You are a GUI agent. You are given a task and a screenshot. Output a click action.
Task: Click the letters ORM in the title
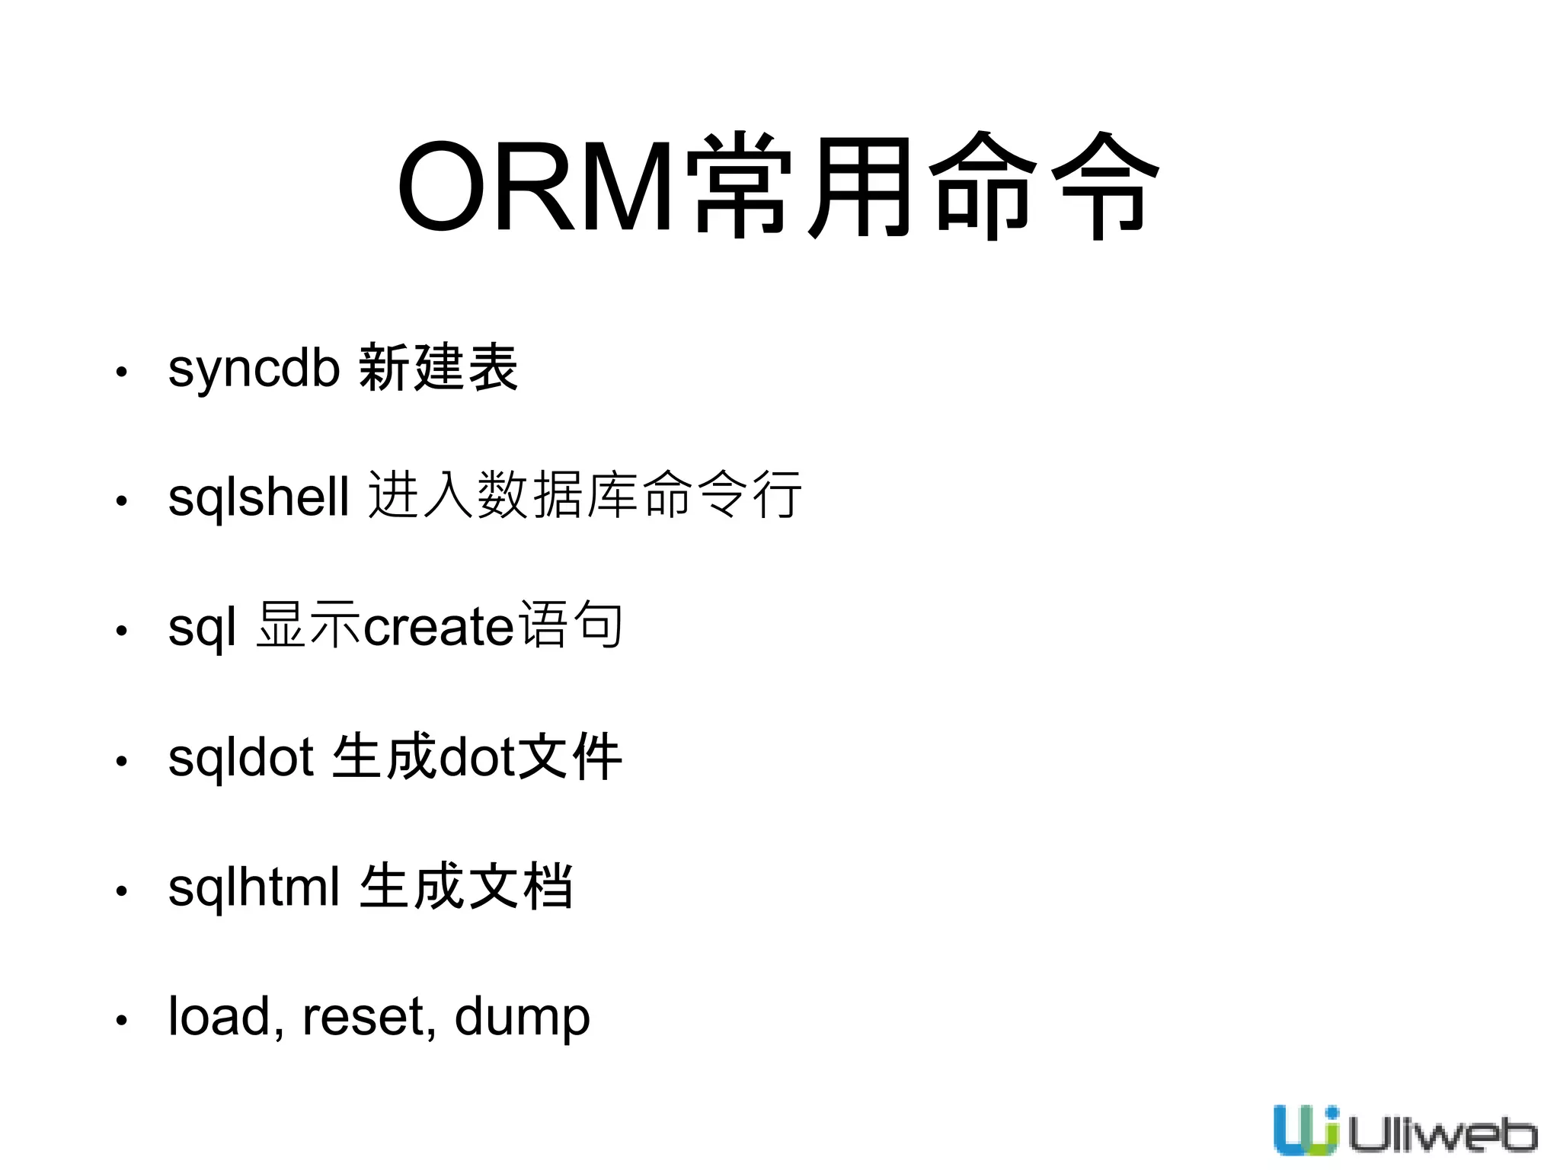click(x=533, y=187)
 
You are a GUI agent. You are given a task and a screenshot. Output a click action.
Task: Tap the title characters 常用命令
click(x=922, y=187)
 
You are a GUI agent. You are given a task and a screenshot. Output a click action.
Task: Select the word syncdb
click(x=253, y=369)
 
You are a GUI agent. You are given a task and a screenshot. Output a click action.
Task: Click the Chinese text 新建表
click(x=438, y=368)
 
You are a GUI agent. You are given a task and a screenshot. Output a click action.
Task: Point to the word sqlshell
click(x=258, y=497)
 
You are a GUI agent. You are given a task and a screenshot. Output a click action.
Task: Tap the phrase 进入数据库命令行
click(x=584, y=495)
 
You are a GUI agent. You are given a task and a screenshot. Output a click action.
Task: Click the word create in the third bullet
click(x=440, y=627)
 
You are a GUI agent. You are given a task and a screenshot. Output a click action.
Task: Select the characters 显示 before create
click(x=308, y=625)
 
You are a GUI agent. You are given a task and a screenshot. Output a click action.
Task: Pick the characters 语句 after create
click(x=570, y=625)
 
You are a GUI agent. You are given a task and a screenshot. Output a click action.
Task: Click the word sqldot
click(x=241, y=758)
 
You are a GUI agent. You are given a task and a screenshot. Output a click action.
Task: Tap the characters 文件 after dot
click(x=570, y=756)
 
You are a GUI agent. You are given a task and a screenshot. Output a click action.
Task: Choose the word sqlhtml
click(x=254, y=887)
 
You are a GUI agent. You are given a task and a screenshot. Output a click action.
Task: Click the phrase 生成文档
click(x=465, y=886)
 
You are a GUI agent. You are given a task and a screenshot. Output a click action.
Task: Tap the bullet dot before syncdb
click(x=121, y=372)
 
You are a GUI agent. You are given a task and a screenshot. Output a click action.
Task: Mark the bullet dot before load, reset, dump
click(x=121, y=1020)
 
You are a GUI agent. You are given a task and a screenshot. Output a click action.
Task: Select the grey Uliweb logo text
click(x=1442, y=1136)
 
